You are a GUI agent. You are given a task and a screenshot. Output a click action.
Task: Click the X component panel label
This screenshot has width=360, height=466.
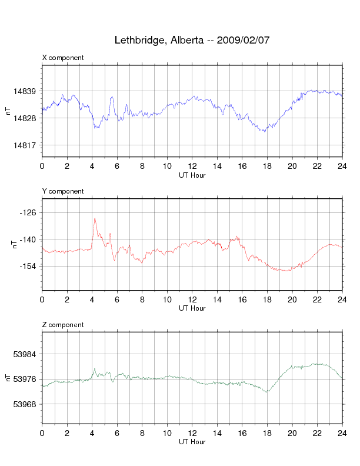(63, 58)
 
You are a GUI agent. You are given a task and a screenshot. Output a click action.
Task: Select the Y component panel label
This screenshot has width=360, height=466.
(63, 191)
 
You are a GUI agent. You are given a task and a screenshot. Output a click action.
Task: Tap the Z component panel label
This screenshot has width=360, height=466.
(63, 325)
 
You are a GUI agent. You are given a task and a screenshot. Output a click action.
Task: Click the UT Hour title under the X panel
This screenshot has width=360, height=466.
(192, 175)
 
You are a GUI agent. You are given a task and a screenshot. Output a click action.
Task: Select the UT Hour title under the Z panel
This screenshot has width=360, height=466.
(192, 442)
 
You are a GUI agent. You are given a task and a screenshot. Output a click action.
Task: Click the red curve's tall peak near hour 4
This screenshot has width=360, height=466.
(94, 218)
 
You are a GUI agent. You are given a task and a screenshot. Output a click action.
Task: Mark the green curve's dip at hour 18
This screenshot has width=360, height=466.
(267, 391)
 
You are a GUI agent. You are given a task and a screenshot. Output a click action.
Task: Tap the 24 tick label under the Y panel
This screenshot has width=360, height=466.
(342, 300)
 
